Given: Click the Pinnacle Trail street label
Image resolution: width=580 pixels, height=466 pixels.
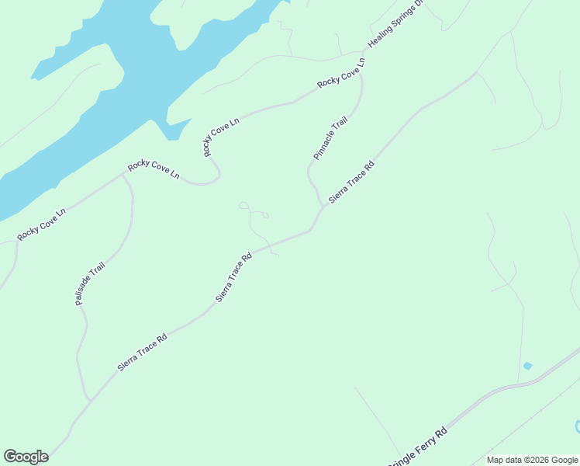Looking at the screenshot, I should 331,139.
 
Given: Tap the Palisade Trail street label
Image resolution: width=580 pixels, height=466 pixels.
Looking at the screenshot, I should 90,283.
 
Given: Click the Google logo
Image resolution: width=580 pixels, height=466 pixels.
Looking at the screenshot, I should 26,457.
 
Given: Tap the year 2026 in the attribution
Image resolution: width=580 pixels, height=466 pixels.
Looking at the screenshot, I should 537,460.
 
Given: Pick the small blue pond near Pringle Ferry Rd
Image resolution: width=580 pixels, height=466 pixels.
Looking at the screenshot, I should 528,365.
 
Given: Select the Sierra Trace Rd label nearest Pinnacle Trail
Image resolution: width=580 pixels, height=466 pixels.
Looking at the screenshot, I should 351,182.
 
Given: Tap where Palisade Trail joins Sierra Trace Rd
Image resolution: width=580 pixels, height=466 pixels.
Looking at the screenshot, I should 90,401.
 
